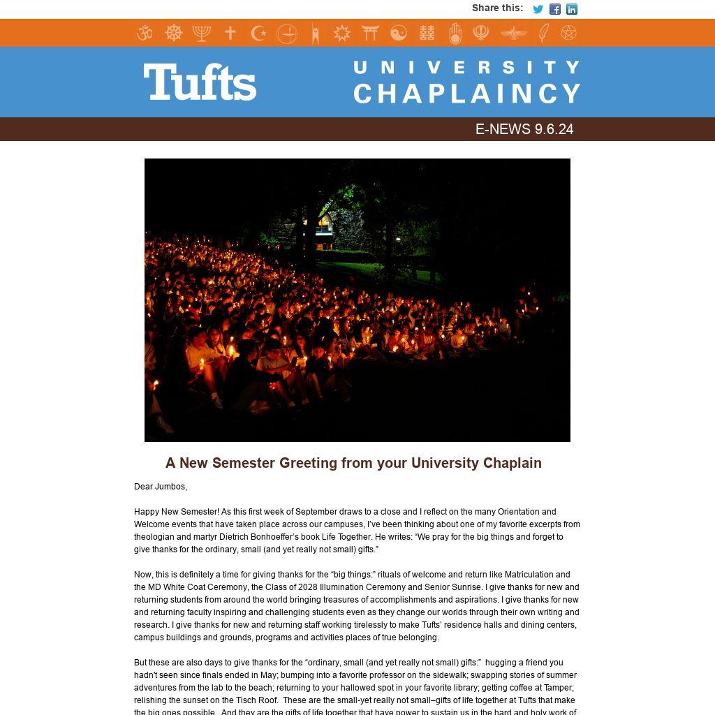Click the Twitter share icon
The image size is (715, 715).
click(x=538, y=9)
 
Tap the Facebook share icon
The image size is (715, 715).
click(x=554, y=9)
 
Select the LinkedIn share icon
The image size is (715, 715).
click(x=572, y=9)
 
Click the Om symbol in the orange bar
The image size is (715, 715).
click(x=145, y=33)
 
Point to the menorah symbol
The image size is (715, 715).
click(x=202, y=33)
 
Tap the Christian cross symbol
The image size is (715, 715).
click(x=230, y=33)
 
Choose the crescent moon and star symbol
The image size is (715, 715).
click(x=258, y=33)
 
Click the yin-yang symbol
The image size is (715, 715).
click(x=398, y=33)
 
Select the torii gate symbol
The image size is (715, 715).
click(x=370, y=33)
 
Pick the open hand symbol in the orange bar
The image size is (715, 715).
click(x=455, y=33)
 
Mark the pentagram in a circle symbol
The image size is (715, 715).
click(x=569, y=33)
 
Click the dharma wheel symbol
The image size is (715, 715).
click(x=173, y=33)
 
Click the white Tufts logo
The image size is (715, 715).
click(x=200, y=82)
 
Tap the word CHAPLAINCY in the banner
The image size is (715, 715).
click(x=467, y=94)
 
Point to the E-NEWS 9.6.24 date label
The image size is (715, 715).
click(x=524, y=129)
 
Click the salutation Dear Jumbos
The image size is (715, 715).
click(x=161, y=487)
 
